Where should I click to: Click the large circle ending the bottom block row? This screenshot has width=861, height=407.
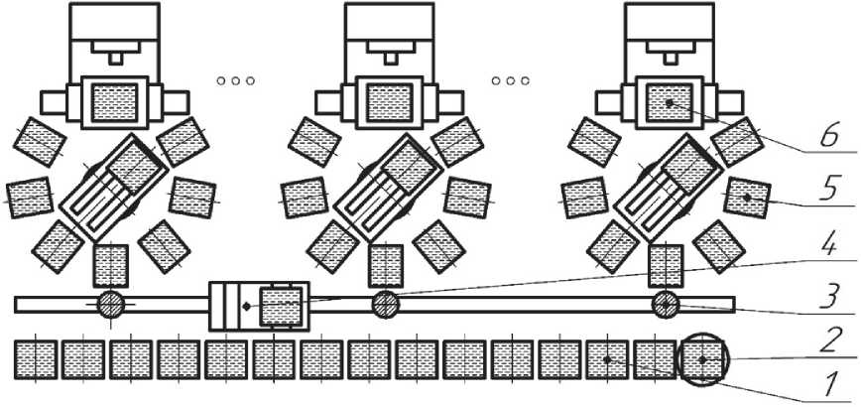702,359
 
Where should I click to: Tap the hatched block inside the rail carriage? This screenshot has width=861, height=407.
282,305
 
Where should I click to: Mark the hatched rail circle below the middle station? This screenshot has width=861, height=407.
385,304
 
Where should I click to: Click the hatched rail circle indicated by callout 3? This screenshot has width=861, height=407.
664,304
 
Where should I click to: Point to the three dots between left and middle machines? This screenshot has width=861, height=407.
236,79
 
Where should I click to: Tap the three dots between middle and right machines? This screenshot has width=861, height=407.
511,79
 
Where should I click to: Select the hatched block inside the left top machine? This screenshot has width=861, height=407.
113,102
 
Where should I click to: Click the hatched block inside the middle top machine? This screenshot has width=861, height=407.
389,102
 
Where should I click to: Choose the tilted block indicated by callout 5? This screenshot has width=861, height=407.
747,196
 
